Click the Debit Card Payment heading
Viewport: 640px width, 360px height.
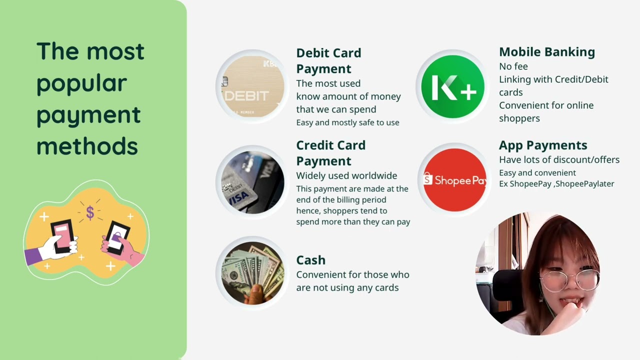(328, 60)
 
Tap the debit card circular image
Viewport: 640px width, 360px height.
(252, 86)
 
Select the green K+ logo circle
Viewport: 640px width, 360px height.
(452, 86)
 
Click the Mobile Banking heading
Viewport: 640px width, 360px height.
(546, 52)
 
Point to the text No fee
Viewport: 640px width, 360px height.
(513, 66)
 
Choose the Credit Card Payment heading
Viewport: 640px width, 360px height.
(330, 153)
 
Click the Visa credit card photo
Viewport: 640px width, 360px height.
(252, 182)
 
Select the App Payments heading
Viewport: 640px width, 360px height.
(542, 145)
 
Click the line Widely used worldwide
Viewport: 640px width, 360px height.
(346, 176)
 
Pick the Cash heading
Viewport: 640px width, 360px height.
(310, 260)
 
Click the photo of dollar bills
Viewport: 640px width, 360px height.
(252, 273)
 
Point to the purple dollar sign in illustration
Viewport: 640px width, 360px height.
(90, 212)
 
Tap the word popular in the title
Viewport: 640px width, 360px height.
(81, 83)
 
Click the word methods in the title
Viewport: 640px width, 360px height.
(86, 146)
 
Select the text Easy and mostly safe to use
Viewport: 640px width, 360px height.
(347, 122)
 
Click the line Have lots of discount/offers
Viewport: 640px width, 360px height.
(559, 160)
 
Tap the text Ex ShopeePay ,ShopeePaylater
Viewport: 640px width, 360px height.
(556, 184)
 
